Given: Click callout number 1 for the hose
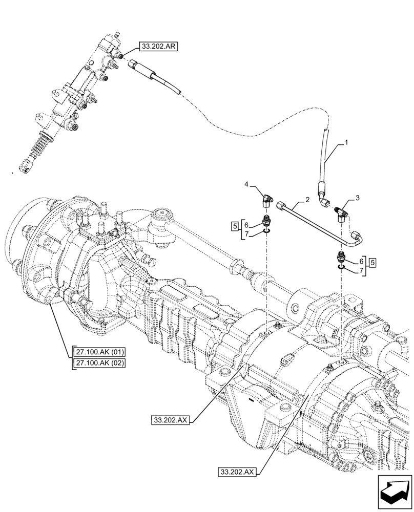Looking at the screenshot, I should click(x=346, y=143).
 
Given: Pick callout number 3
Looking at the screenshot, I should click(x=357, y=198).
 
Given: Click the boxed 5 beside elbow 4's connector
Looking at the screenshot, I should click(x=234, y=226).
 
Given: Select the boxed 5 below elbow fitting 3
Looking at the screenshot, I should click(x=372, y=262).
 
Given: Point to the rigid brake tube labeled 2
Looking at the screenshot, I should click(x=318, y=220).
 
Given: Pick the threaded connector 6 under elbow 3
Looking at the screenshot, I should click(x=341, y=256).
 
